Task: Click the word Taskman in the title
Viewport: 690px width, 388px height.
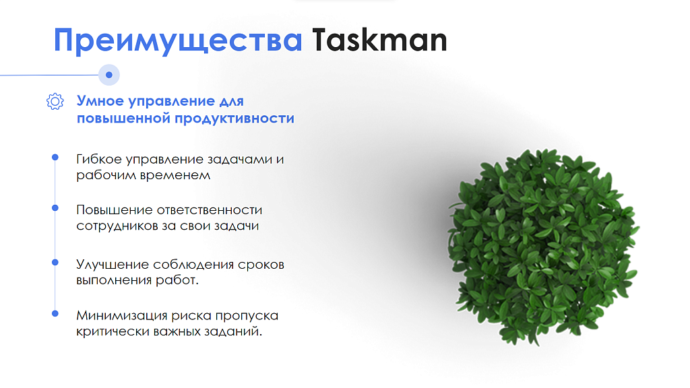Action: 379,40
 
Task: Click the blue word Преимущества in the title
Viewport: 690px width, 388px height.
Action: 178,42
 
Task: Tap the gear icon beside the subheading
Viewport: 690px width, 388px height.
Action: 55,101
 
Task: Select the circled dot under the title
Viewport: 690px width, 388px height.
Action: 109,75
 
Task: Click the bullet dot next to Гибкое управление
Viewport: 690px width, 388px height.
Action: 55,157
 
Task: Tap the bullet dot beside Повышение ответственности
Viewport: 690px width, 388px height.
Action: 55,207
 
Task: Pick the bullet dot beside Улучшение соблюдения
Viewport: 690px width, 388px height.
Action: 55,262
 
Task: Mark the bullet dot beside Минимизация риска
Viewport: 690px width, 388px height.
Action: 55,313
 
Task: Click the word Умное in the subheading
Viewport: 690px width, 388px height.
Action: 100,101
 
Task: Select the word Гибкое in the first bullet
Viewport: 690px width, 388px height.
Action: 99,159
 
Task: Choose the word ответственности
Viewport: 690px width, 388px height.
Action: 210,210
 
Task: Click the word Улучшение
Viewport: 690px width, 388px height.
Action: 113,265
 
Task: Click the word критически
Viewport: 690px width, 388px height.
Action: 113,331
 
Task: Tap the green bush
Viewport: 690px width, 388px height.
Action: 543,247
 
